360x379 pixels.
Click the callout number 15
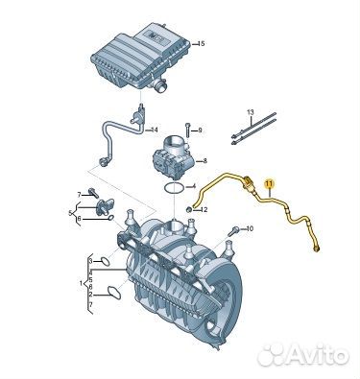tap(201, 44)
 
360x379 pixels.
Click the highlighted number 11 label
tap(269, 182)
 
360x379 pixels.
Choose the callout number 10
tap(250, 229)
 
